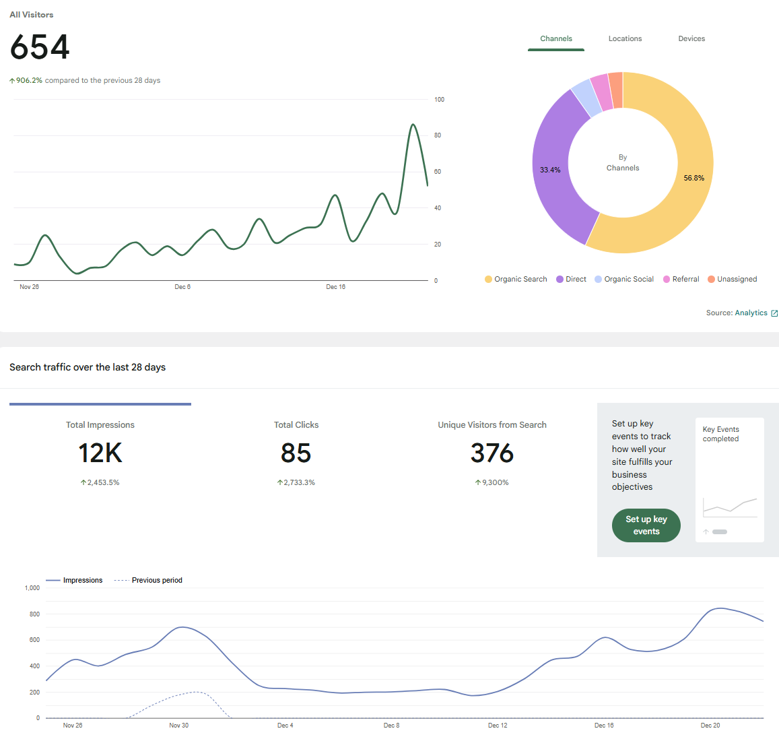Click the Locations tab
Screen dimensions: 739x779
pyautogui.click(x=625, y=39)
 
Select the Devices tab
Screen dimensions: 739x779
pyautogui.click(x=691, y=39)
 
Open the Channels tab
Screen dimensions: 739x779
pyautogui.click(x=555, y=39)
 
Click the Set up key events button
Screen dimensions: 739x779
pyautogui.click(x=646, y=525)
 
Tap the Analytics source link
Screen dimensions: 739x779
pyautogui.click(x=751, y=313)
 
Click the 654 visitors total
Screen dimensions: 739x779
pyautogui.click(x=40, y=48)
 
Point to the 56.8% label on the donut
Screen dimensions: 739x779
pyautogui.click(x=693, y=179)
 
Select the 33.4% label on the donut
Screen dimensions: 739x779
pyautogui.click(x=550, y=170)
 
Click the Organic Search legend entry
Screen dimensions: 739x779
pyautogui.click(x=516, y=280)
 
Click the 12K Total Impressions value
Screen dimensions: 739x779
pyautogui.click(x=100, y=453)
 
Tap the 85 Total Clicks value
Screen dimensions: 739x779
pyautogui.click(x=296, y=453)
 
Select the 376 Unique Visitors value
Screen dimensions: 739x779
pyautogui.click(x=492, y=453)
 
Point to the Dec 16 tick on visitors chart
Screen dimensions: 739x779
pyautogui.click(x=335, y=287)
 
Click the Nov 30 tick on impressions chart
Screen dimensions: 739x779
pyautogui.click(x=178, y=726)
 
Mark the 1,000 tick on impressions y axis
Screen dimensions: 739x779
pyautogui.click(x=32, y=588)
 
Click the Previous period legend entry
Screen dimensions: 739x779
pyautogui.click(x=156, y=581)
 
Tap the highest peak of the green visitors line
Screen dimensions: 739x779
pyautogui.click(x=413, y=125)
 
